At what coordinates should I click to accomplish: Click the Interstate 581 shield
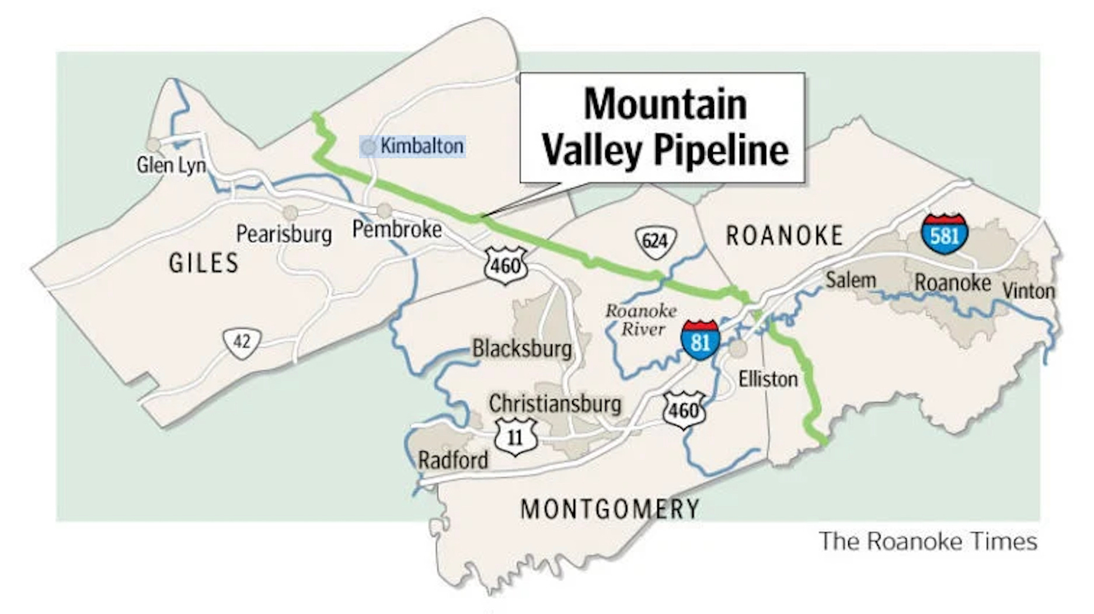[945, 234]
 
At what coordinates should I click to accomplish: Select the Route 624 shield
[655, 240]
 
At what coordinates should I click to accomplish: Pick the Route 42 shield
[242, 341]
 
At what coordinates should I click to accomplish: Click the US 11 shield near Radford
[515, 436]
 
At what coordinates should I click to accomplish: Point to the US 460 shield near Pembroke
[506, 266]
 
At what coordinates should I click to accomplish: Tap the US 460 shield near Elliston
[684, 410]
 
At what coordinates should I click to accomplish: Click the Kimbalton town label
[421, 146]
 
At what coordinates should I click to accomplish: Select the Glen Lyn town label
[171, 165]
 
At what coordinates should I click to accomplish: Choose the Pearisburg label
[284, 235]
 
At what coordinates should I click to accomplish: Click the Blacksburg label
[522, 349]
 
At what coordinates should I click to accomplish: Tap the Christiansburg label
[555, 404]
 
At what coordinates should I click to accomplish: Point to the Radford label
[453, 461]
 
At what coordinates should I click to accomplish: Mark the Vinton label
[1029, 291]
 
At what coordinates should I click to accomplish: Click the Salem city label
[851, 281]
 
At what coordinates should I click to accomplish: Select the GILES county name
[204, 263]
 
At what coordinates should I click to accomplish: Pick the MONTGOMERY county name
[610, 510]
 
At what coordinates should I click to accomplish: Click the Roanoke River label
[641, 320]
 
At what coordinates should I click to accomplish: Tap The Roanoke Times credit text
[928, 542]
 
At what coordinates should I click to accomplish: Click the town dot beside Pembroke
[384, 210]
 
